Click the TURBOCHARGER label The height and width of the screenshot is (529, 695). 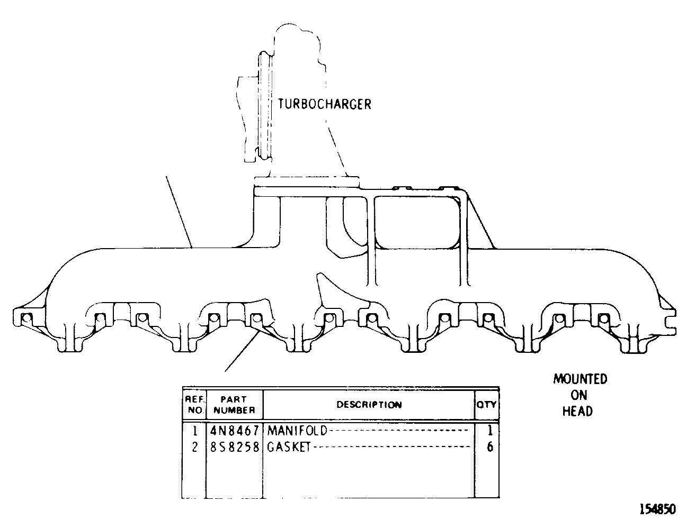pos(324,104)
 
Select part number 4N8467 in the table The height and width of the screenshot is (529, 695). pos(234,431)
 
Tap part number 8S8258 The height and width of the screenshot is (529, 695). pos(234,447)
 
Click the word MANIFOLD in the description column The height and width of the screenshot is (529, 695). pos(297,431)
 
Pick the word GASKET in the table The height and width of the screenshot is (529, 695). pos(289,447)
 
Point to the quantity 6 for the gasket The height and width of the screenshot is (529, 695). pos(490,447)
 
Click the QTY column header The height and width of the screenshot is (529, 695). pos(486,405)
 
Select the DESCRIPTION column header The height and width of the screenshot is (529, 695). pos(369,405)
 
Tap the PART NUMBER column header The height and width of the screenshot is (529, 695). pos(234,405)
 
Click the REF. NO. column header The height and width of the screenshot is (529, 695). pos(194,405)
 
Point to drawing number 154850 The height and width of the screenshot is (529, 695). pos(658,509)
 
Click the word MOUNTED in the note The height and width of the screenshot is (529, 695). pos(580,379)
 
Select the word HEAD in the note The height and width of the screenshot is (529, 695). pos(577,412)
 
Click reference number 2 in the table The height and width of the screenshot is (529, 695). pos(195,447)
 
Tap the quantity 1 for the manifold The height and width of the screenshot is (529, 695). pos(490,431)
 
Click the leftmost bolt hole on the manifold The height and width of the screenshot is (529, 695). pos(27,317)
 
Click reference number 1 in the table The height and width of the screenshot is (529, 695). pos(195,431)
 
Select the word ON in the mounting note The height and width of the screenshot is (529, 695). pos(579,395)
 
